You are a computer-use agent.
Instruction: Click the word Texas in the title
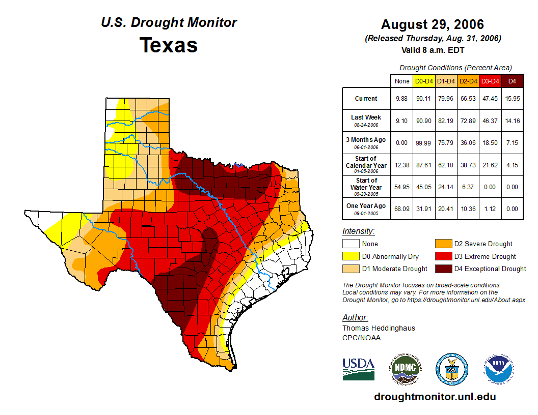[169, 45]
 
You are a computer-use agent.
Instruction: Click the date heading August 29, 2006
[433, 24]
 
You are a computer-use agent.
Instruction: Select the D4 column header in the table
[512, 81]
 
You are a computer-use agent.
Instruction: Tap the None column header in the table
[401, 81]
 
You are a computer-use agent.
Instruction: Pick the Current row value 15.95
[512, 99]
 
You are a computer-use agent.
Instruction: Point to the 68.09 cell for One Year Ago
[401, 209]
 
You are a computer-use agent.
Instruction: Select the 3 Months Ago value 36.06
[468, 142]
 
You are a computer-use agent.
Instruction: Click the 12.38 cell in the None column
[401, 164]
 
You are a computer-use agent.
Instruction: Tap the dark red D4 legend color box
[443, 269]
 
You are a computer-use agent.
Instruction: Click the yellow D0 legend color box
[350, 256]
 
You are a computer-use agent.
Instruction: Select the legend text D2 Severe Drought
[483, 244]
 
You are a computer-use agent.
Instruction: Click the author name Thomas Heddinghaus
[379, 328]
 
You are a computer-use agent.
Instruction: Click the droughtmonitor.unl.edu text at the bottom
[435, 397]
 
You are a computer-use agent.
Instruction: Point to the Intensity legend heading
[358, 231]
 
